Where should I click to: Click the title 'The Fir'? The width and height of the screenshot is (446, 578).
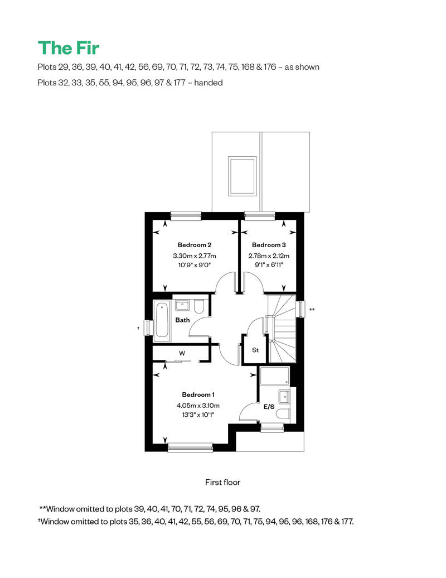pos(69,48)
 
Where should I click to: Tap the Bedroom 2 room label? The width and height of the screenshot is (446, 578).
pos(195,245)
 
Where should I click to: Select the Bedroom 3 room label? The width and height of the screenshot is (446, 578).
pos(269,245)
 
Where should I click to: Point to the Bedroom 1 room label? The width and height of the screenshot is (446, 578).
pos(198,394)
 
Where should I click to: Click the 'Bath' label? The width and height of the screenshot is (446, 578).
pos(182,320)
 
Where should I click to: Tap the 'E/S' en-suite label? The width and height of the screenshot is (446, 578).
pos(269,407)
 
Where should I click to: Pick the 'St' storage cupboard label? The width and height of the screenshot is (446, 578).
pos(255,350)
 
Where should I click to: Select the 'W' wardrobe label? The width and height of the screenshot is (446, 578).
pos(182,353)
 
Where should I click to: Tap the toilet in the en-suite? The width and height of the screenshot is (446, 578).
pos(283,414)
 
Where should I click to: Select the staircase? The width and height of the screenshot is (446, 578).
pos(282,329)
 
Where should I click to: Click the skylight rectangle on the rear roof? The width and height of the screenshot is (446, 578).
pos(242,176)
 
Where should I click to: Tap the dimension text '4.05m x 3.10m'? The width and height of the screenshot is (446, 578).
pos(198,406)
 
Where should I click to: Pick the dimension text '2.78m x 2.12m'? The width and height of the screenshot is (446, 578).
pos(269,256)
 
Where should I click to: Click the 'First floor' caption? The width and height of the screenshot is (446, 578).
pos(223,482)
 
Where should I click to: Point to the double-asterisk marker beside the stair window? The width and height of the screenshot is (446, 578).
pos(312,310)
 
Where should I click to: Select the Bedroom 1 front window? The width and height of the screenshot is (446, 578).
pos(191,448)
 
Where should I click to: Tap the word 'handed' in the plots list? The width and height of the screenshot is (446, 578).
pos(209,83)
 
